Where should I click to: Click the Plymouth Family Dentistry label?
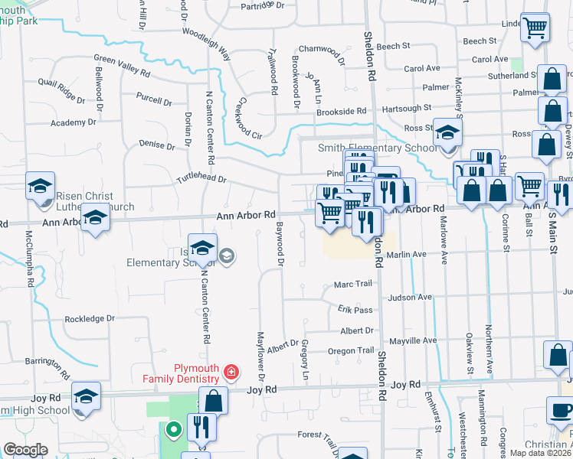(x=181, y=372)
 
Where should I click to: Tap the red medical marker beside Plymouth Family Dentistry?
(x=231, y=373)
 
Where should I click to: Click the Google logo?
(x=25, y=450)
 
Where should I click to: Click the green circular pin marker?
(x=174, y=430)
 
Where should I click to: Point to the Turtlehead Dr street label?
(x=201, y=179)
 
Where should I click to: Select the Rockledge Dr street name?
(x=90, y=318)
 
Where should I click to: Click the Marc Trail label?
(x=353, y=285)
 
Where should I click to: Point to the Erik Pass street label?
(x=355, y=309)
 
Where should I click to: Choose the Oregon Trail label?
(x=352, y=350)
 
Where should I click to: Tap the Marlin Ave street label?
(x=406, y=254)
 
